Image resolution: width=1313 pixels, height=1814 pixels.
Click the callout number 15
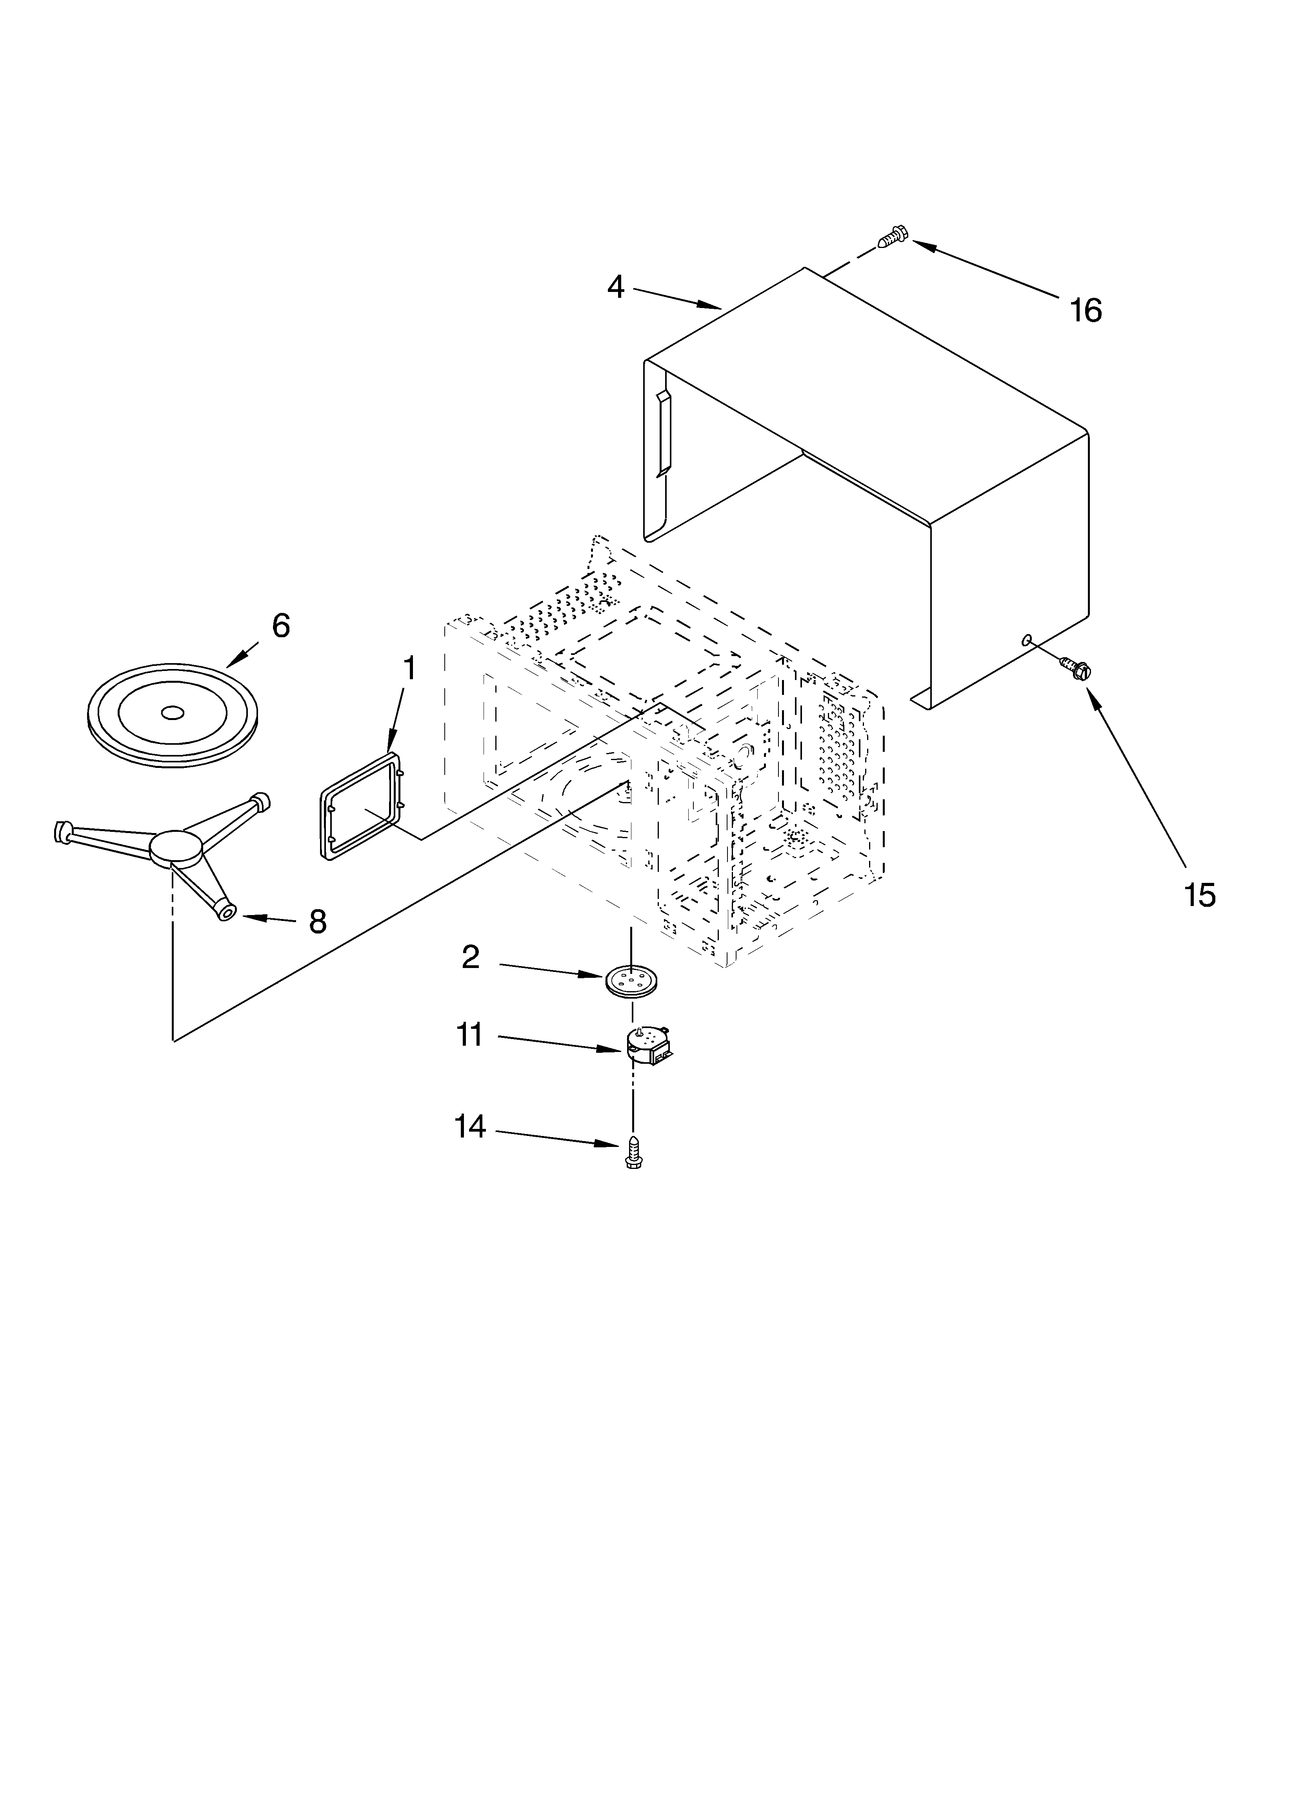pyautogui.click(x=1199, y=895)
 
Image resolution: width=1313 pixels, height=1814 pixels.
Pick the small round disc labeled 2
pyautogui.click(x=629, y=981)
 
